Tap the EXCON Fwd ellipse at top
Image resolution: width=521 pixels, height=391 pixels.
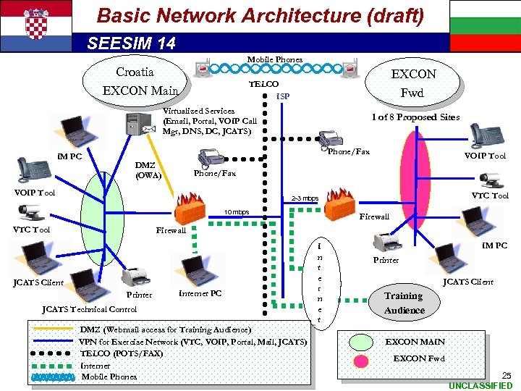(x=413, y=83)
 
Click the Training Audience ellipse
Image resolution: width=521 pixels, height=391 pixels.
(x=404, y=303)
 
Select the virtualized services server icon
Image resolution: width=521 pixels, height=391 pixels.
(x=135, y=124)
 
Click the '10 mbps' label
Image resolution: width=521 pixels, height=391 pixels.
(x=236, y=212)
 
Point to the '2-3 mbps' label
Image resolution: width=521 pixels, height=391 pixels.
(x=304, y=198)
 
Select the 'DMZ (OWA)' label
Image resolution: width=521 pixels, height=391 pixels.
(x=148, y=170)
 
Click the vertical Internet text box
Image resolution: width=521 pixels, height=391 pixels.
(x=318, y=282)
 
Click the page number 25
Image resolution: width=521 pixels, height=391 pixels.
(x=506, y=375)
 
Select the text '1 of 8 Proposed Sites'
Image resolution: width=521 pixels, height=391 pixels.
(x=415, y=117)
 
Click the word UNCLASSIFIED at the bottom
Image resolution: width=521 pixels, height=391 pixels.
(x=480, y=386)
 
